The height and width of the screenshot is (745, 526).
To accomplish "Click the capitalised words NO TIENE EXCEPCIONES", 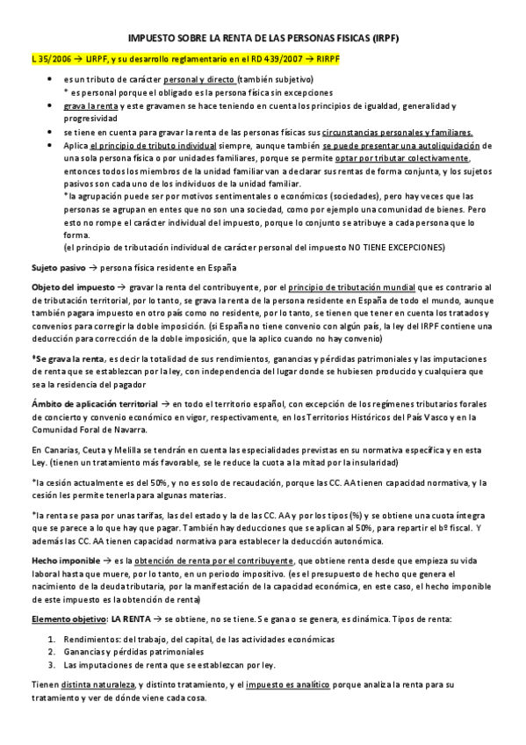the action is (399, 247).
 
